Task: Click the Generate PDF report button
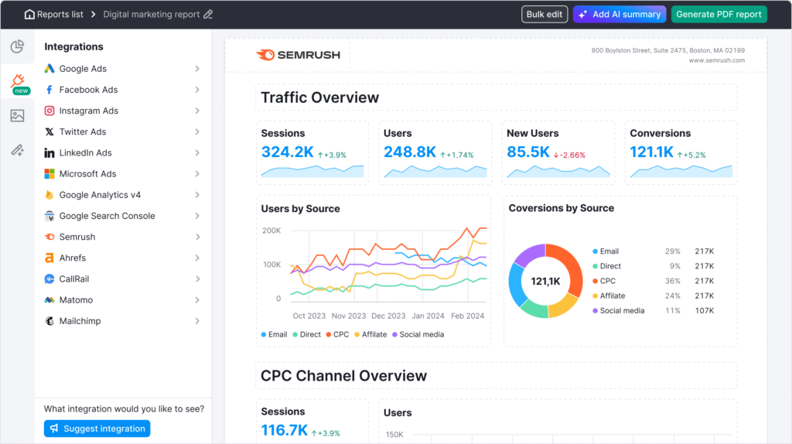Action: pos(719,15)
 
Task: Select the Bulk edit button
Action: pos(544,15)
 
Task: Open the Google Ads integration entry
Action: pos(83,69)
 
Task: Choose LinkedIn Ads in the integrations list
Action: pos(85,153)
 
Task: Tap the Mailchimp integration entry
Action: pos(80,321)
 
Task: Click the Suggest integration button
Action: pos(97,429)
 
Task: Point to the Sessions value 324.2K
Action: pos(287,152)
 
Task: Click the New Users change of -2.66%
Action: pos(569,155)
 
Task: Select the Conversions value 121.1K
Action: pos(651,152)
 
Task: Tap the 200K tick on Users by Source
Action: pos(271,231)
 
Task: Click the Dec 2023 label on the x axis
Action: pos(388,316)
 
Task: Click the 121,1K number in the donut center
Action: pos(545,281)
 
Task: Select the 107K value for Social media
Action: pos(704,310)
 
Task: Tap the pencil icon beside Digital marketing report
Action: pos(208,15)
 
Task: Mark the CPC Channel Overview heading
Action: pos(343,376)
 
